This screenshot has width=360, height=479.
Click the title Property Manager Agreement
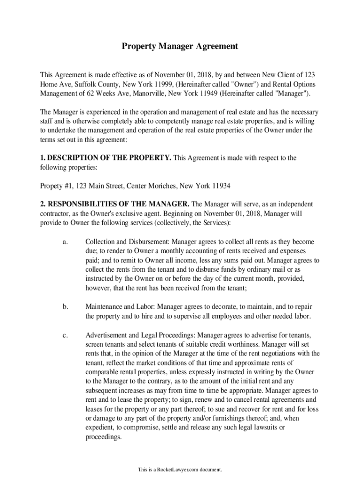pyautogui.click(x=180, y=46)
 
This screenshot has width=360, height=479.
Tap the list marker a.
pyautogui.click(x=65, y=242)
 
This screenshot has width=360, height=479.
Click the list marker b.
pyautogui.click(x=65, y=307)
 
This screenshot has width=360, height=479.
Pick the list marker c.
pyautogui.click(x=65, y=335)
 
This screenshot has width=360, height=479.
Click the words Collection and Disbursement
pyautogui.click(x=127, y=242)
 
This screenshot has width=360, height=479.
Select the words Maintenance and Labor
pyautogui.click(x=120, y=307)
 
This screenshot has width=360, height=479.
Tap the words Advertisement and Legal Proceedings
pyautogui.click(x=140, y=335)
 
